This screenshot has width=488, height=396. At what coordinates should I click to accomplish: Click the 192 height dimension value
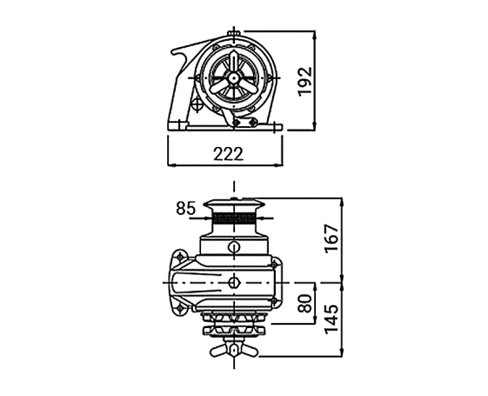point(304,81)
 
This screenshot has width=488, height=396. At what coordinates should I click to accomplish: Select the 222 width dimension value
point(228,154)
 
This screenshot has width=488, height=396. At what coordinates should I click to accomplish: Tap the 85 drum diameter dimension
point(186,208)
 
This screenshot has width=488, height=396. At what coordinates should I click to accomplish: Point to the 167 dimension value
point(331,238)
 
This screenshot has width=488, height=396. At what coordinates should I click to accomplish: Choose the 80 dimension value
point(304,304)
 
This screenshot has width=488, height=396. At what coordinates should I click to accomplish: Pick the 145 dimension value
point(331,319)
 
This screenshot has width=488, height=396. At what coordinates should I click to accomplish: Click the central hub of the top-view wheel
point(233,77)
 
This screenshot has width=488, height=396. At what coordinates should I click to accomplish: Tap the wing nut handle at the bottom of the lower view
point(234,350)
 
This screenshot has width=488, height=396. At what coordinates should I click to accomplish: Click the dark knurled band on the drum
point(233,218)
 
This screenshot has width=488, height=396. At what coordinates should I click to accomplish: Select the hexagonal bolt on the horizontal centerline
point(233,283)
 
